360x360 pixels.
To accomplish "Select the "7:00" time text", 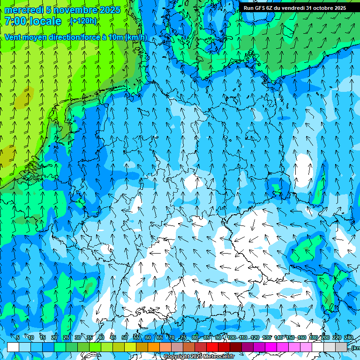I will coord(15,21).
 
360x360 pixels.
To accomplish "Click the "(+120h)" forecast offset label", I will coord(83,21).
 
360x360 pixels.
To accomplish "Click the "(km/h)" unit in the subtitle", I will coord(136,37).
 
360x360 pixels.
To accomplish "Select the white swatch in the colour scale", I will coord(13,347).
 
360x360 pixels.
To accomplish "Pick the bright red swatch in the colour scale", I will coord(212,347).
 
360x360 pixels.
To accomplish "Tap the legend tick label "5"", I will coord(18,337).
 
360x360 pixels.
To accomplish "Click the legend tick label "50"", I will coord(125,337).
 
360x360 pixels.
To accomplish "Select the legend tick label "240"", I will coord(349,337).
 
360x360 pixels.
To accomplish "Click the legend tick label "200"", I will coord(325,337).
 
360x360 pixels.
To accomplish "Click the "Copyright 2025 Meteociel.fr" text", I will coord(199,356).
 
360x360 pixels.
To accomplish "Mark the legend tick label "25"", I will coord(66,337).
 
